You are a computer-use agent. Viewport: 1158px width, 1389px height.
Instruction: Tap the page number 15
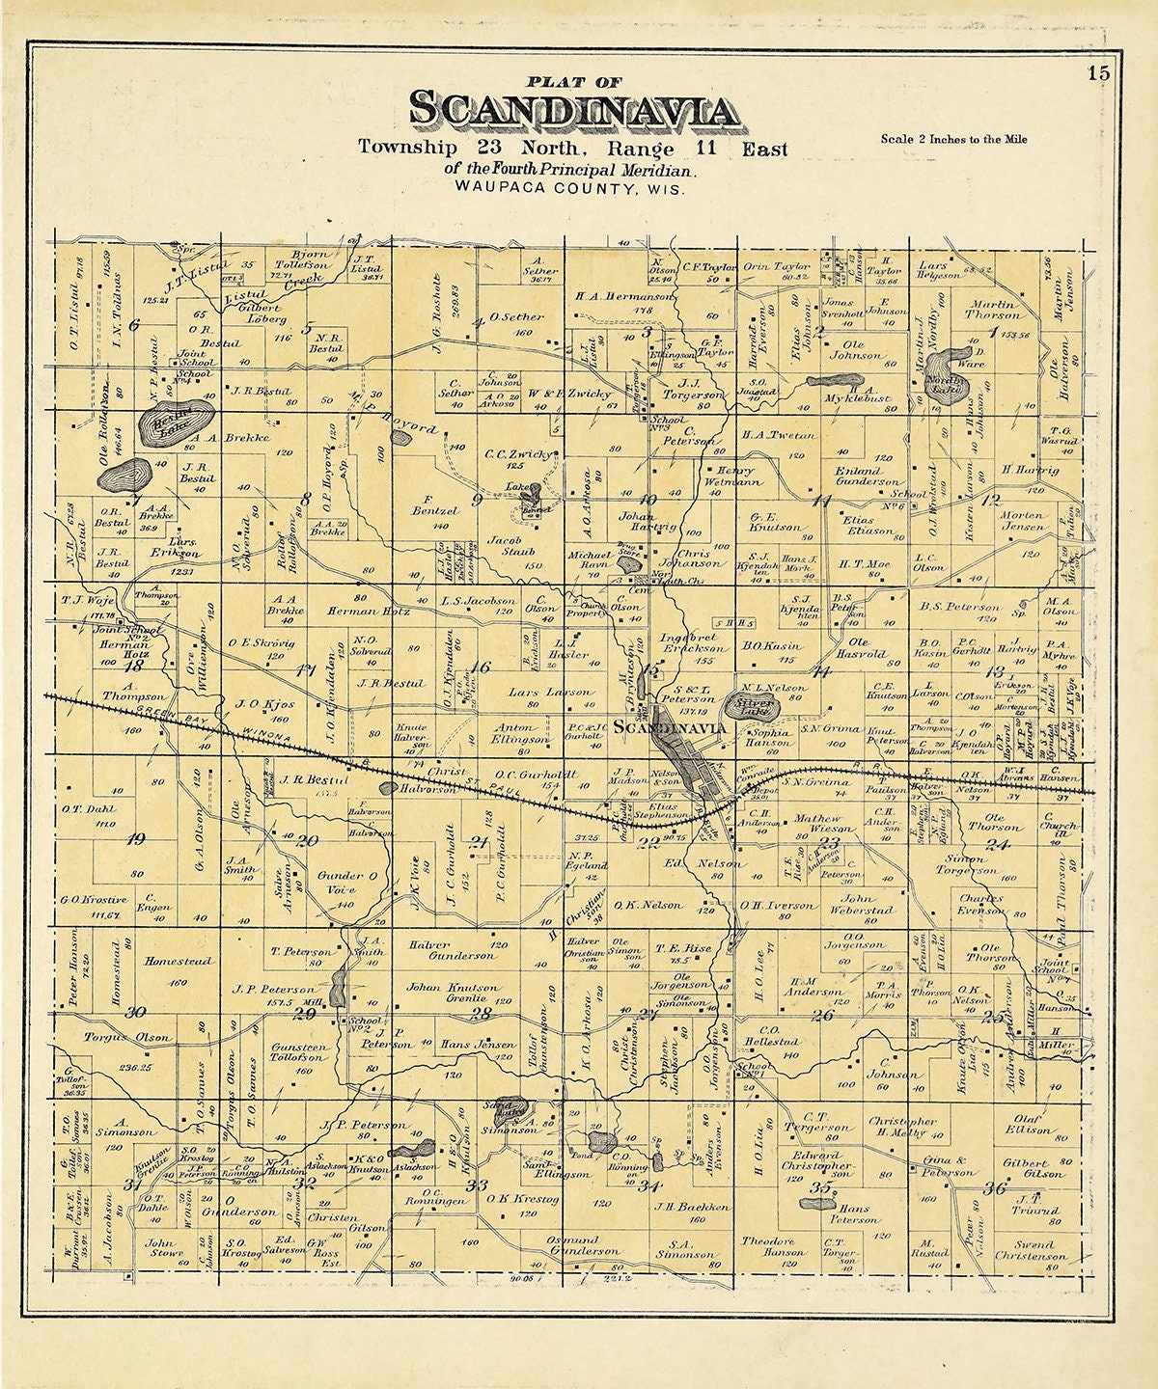click(x=1097, y=73)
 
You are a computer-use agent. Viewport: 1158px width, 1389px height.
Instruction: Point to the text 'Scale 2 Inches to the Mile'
click(x=953, y=139)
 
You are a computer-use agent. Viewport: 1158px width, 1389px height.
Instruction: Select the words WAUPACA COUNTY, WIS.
click(x=572, y=190)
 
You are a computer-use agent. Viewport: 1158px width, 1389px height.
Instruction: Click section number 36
click(x=996, y=1188)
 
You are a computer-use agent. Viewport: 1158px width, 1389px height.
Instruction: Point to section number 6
click(x=133, y=325)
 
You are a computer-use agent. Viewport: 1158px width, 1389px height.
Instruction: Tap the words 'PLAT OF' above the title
click(x=572, y=82)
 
